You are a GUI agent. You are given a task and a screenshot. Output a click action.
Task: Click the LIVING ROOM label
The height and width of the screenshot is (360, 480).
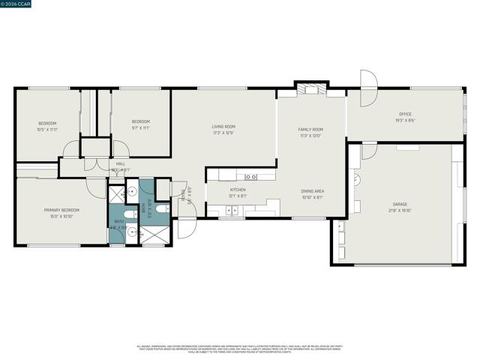click(223, 127)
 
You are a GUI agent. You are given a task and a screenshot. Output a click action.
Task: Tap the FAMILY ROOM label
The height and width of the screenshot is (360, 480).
click(310, 130)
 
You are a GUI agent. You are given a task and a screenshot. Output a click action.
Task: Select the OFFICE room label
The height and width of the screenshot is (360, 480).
click(404, 115)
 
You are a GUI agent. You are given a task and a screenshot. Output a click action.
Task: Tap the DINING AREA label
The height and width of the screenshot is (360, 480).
click(312, 191)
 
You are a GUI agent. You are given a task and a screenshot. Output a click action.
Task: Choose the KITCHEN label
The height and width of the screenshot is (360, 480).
click(238, 190)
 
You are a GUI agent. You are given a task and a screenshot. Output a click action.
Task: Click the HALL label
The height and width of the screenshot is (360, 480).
click(120, 163)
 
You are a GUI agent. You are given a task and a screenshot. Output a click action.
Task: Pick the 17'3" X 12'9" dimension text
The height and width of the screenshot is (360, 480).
click(223, 133)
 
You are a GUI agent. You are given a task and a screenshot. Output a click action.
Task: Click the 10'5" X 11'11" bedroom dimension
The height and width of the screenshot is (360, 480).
click(47, 129)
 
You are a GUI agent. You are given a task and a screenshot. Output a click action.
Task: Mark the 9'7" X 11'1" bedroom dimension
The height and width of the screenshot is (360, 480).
click(141, 128)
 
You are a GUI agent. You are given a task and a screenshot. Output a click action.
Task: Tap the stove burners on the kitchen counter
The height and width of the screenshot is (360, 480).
click(251, 176)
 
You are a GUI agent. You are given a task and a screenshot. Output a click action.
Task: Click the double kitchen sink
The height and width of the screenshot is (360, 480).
click(235, 209)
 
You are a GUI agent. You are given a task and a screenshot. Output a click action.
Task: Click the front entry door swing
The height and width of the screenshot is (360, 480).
click(187, 227)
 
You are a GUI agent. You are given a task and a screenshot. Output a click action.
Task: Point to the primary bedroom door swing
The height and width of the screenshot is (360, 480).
click(96, 187)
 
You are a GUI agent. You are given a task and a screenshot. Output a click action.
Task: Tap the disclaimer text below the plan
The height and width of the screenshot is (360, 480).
click(239, 349)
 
